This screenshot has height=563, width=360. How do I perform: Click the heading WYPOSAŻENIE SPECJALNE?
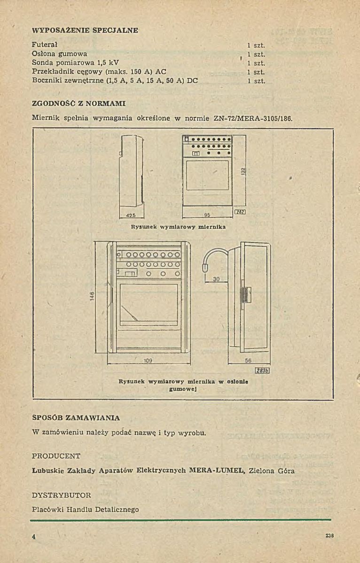point(85,31)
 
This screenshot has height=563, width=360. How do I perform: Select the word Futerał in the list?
point(44,45)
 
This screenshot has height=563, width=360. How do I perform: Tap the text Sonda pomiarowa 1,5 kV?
point(75,63)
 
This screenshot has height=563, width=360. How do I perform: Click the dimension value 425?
point(131,216)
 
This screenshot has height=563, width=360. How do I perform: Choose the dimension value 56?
point(248,361)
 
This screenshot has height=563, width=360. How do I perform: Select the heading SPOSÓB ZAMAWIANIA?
point(76,417)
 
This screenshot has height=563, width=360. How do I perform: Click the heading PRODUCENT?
point(56,456)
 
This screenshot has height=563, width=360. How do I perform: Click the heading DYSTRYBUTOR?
point(61,495)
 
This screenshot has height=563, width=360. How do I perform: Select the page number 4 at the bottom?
point(34,537)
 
